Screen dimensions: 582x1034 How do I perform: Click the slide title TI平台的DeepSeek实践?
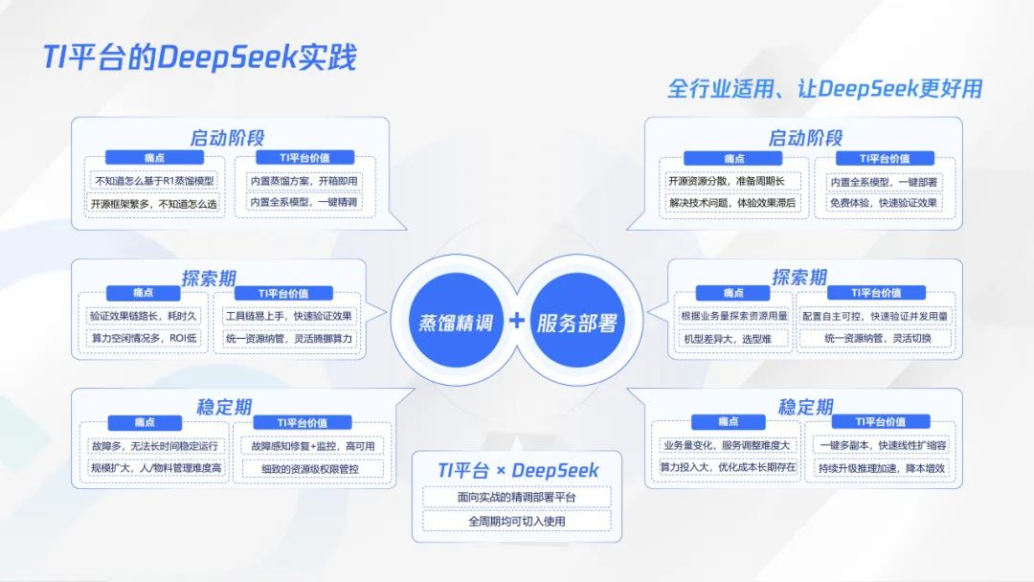(x=199, y=57)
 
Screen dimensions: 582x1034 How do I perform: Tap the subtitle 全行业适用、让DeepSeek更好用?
(x=824, y=89)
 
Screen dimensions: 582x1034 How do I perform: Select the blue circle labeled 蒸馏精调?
(x=455, y=322)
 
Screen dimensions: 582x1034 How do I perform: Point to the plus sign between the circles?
(x=516, y=321)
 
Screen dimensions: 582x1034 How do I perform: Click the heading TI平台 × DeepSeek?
(x=517, y=470)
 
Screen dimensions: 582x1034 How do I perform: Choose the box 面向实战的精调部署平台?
(x=517, y=497)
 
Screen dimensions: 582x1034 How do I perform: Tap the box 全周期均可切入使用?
(x=517, y=522)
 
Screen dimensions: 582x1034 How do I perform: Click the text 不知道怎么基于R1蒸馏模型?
(x=154, y=180)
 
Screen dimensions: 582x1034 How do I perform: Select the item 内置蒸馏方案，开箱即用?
(x=303, y=180)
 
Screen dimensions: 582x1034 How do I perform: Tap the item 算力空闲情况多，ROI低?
(x=144, y=339)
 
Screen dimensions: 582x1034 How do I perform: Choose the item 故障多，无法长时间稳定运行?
(x=154, y=445)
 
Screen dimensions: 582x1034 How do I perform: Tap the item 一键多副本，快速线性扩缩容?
(x=883, y=445)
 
